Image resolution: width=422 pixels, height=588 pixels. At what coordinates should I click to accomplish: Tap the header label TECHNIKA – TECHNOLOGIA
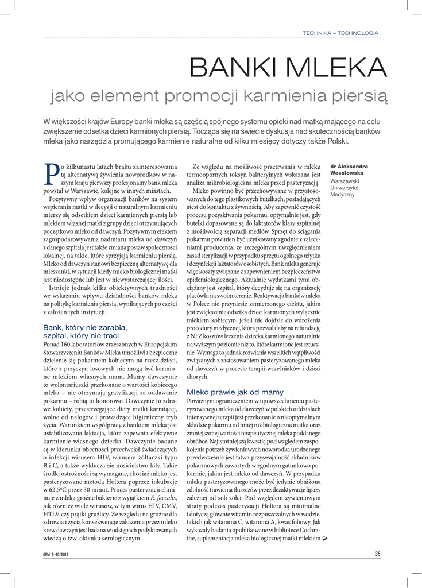tap(340, 33)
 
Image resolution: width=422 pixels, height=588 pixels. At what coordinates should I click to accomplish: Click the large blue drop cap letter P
tap(51, 172)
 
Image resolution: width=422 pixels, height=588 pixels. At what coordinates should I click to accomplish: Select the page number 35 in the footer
tap(378, 554)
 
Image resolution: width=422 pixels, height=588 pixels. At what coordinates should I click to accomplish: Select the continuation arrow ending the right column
tap(326, 539)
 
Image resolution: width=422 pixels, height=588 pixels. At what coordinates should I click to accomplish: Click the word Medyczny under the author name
tap(343, 195)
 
